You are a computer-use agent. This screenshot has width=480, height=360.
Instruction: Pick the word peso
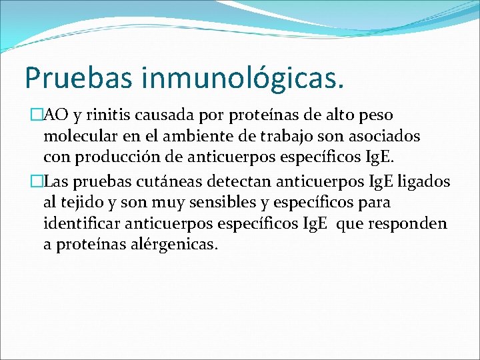click(375, 117)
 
